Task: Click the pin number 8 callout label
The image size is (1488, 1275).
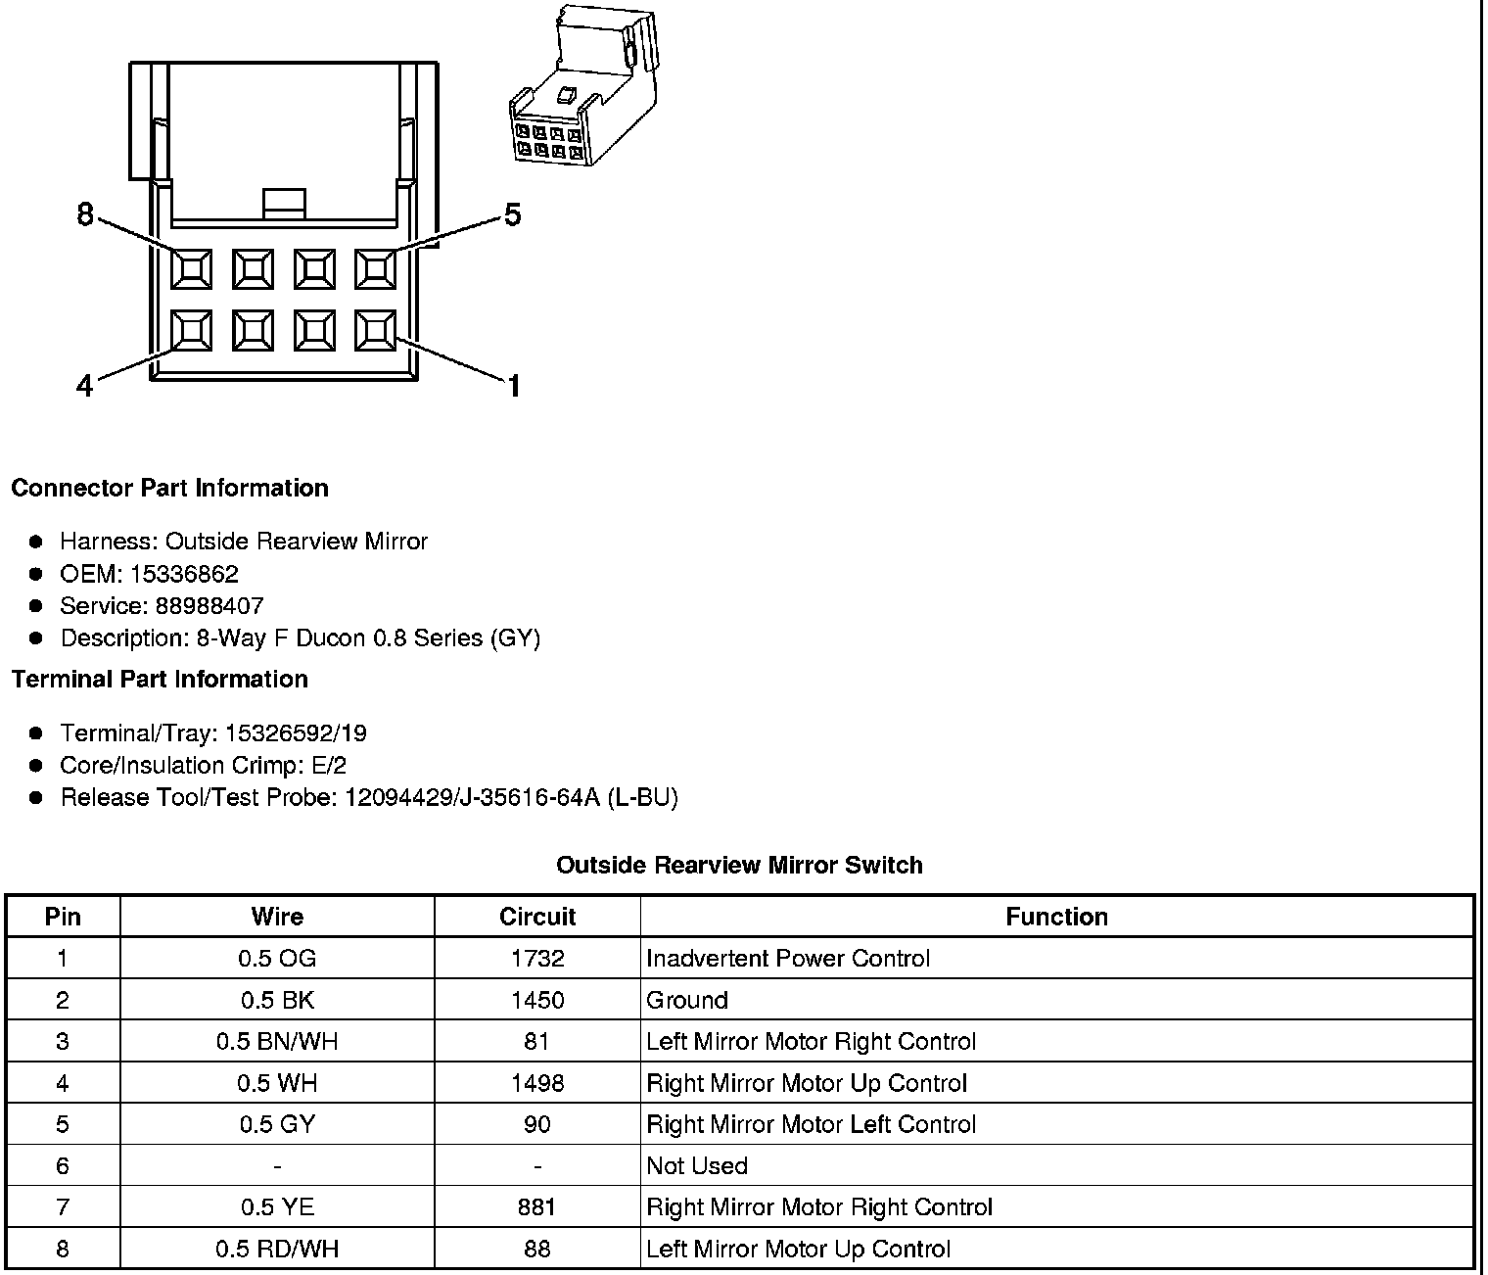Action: click(x=85, y=214)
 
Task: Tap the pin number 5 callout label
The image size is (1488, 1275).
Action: click(x=513, y=214)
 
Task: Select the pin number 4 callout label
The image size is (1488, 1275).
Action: click(x=85, y=387)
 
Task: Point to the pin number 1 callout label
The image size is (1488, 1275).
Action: click(x=513, y=387)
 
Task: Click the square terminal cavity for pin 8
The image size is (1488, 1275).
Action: click(x=191, y=268)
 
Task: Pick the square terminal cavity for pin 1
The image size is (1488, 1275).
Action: click(x=375, y=330)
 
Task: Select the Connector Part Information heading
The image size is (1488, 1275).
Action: click(x=170, y=488)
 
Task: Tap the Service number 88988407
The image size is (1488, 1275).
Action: click(x=209, y=606)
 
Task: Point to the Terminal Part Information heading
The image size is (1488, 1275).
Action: click(x=160, y=679)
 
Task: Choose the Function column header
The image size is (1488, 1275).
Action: click(x=1056, y=917)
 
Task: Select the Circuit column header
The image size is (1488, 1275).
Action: click(x=536, y=917)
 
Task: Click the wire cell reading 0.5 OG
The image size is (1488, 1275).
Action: click(x=277, y=959)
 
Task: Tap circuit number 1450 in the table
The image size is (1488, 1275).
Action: click(x=536, y=1000)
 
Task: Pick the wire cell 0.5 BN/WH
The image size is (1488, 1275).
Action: click(x=277, y=1041)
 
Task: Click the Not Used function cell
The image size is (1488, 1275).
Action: click(x=697, y=1165)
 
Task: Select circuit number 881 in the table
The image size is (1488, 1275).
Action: click(x=536, y=1207)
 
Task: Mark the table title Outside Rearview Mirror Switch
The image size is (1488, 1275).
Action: click(x=739, y=865)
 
